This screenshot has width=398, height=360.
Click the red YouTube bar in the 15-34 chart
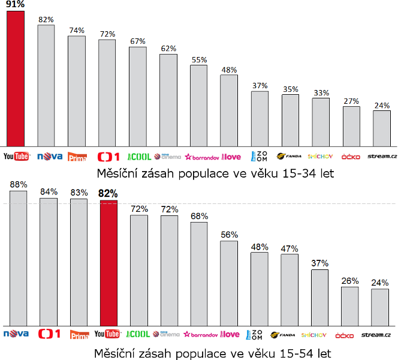pyautogui.click(x=16, y=78)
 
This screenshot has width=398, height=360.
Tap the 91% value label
pyautogui.click(x=16, y=4)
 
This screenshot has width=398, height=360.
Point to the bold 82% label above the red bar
pyautogui.click(x=108, y=194)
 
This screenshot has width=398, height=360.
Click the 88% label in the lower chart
pyautogui.click(x=18, y=184)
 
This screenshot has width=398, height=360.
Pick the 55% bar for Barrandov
pyautogui.click(x=198, y=105)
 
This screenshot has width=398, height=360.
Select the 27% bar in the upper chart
pyautogui.click(x=351, y=126)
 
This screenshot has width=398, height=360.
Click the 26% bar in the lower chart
pyautogui.click(x=350, y=306)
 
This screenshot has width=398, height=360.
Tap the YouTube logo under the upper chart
pyautogui.click(x=17, y=157)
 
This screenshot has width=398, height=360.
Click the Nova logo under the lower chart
pyautogui.click(x=17, y=334)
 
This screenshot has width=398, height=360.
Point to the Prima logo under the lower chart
pyautogui.click(x=79, y=334)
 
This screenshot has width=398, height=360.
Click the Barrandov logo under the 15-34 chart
pyautogui.click(x=201, y=157)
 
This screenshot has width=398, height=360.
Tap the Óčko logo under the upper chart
pyautogui.click(x=351, y=157)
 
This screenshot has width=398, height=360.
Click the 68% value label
pyautogui.click(x=199, y=216)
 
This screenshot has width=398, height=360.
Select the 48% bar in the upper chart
pyautogui.click(x=229, y=110)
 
